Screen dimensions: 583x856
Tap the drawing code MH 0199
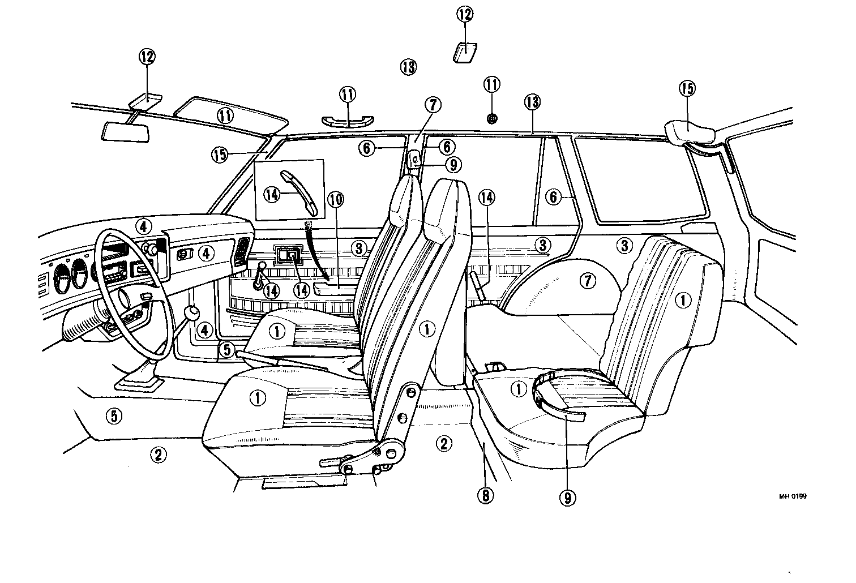[x=793, y=497]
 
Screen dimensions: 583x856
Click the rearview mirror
[x=126, y=132]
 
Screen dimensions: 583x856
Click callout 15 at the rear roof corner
[x=688, y=89]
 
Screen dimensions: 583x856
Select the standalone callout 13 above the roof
[x=408, y=67]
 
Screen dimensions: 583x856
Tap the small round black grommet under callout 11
[x=492, y=118]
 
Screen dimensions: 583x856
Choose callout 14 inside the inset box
[x=272, y=194]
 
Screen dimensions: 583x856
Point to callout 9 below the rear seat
[x=567, y=497]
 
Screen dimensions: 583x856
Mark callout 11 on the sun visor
[x=225, y=116]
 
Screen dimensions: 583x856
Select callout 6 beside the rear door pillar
[x=554, y=197]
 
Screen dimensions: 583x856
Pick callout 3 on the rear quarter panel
[x=624, y=246]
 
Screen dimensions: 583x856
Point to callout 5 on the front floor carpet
[x=113, y=417]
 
